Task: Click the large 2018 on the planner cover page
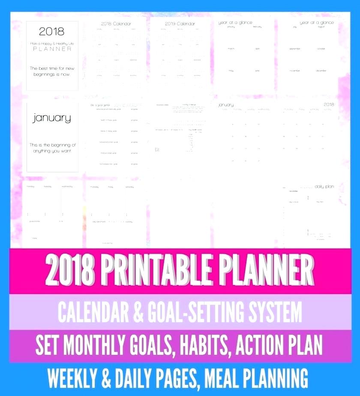pos(51,31)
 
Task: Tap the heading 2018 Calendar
pos(116,24)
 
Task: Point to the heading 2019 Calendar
pos(180,24)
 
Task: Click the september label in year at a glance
pos(294,48)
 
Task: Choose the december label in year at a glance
pos(321,70)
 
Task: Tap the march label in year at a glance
pos(231,48)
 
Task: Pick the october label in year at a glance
pos(321,48)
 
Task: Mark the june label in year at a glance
pos(257,70)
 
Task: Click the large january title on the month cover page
pos(51,118)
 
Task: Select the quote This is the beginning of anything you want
pos(52,148)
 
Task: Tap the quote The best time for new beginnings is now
pos(52,71)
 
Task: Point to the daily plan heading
pos(324,186)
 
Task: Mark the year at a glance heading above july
pos(317,22)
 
